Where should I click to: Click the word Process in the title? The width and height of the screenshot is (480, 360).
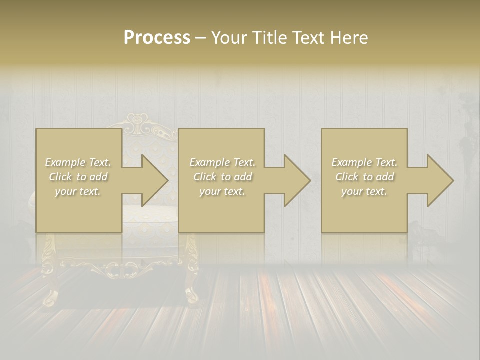coord(157,38)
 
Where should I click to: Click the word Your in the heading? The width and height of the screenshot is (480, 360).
coord(230,38)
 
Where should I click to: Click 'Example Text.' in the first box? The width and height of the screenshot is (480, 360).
coord(78,162)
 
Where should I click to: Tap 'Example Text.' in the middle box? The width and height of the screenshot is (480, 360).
coord(222,162)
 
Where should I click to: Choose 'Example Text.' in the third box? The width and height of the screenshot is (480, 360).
coord(364,162)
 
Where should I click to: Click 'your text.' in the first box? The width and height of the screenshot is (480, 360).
coord(78,191)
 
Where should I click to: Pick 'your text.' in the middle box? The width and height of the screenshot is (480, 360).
coord(222,191)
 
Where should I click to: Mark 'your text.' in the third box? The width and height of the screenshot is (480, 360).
coord(364,191)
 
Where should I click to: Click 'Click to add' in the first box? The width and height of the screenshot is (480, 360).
coord(78,177)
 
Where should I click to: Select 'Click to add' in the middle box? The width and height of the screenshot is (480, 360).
coord(222,177)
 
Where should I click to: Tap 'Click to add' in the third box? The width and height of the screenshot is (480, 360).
coord(364,177)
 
